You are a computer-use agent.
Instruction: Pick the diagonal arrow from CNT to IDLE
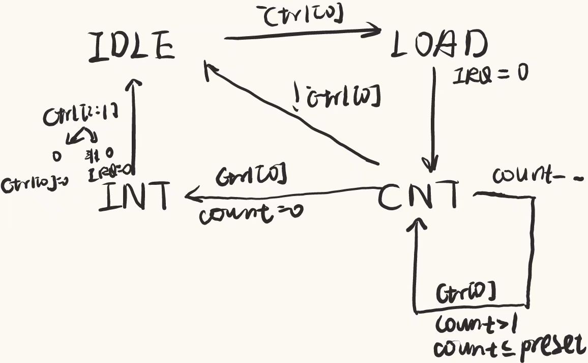tap(290, 115)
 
